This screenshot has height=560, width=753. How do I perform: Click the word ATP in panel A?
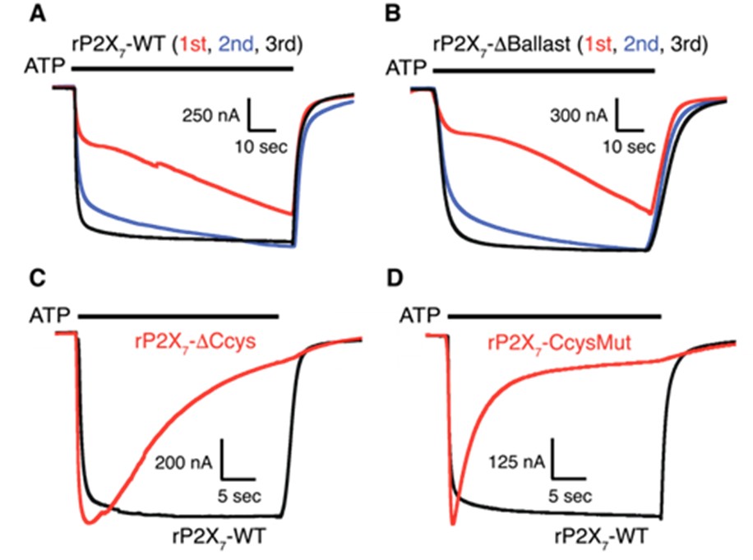click(44, 66)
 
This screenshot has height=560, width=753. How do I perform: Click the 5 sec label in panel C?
click(238, 496)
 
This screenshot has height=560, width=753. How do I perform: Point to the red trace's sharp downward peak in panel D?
click(452, 521)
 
